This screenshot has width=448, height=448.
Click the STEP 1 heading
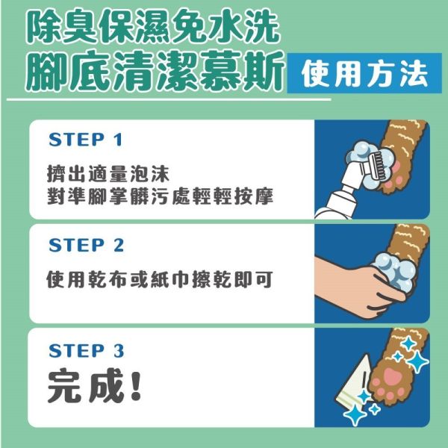pos(85,140)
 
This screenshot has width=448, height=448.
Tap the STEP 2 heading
pos(86,245)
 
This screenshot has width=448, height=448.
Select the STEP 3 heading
pos(86,351)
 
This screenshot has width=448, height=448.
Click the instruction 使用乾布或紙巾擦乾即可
pos(159,281)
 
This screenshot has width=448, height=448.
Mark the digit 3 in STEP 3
pos(118,351)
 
